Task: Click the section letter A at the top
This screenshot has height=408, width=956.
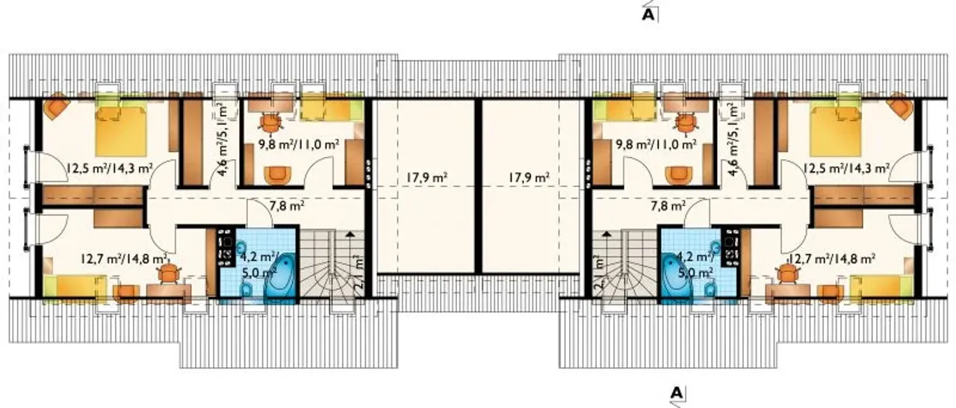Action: coord(648,15)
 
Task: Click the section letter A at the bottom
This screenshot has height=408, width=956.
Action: coord(676,392)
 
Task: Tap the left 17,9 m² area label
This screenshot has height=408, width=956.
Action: coord(426,177)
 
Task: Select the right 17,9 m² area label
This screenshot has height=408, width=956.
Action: coord(529,177)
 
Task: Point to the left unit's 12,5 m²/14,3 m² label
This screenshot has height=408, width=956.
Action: coord(109,167)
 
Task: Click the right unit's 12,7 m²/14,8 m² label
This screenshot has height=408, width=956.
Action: coord(832,259)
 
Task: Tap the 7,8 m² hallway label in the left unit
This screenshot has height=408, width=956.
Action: coord(287,206)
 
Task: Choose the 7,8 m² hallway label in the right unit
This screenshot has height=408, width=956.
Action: coord(668,206)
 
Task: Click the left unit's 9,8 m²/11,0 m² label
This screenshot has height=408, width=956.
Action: coord(299,143)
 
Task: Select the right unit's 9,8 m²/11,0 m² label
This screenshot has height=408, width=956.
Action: coord(656,143)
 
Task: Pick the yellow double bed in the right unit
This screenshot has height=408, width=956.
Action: coord(834,130)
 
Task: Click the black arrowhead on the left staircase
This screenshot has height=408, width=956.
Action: coord(350,233)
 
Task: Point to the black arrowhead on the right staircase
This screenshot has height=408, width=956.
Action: coord(606,233)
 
